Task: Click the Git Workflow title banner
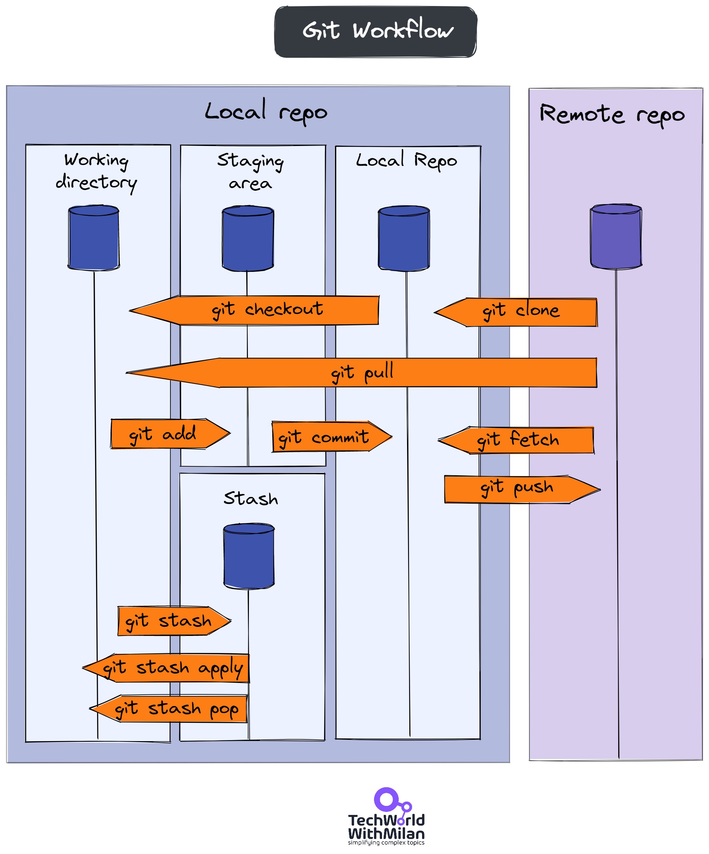pyautogui.click(x=375, y=32)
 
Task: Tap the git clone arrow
pyautogui.click(x=520, y=312)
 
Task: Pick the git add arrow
pyautogui.click(x=166, y=434)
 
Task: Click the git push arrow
pyautogui.click(x=518, y=489)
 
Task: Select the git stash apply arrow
pyautogui.click(x=170, y=668)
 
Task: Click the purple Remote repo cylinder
pyautogui.click(x=616, y=237)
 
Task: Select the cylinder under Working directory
pyautogui.click(x=94, y=238)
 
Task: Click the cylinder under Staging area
pyautogui.click(x=248, y=239)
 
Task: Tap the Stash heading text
pyautogui.click(x=251, y=499)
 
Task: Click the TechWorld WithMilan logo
pyautogui.click(x=386, y=817)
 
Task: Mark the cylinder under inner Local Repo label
pyautogui.click(x=404, y=239)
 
